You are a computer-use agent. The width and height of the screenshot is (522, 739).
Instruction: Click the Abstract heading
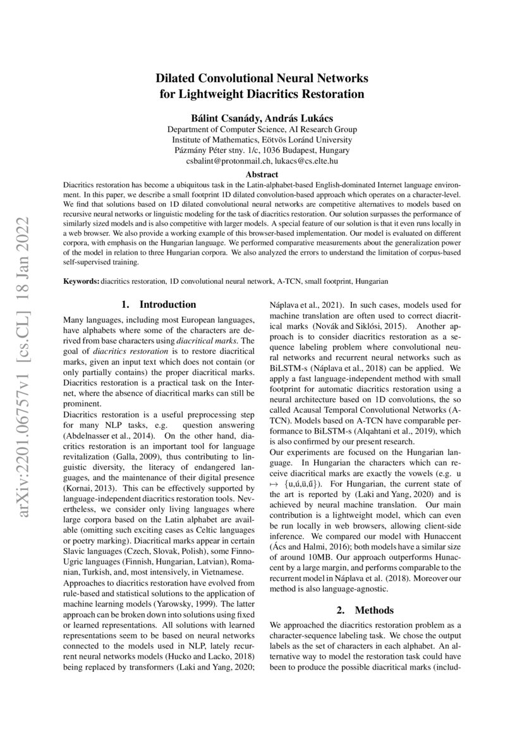(x=262, y=174)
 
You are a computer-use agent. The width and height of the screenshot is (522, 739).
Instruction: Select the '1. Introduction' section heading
(x=159, y=305)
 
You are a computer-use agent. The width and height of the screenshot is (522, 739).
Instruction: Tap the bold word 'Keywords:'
(x=82, y=280)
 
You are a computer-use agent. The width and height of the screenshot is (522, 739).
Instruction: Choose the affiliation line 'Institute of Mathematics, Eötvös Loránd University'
(x=262, y=140)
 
